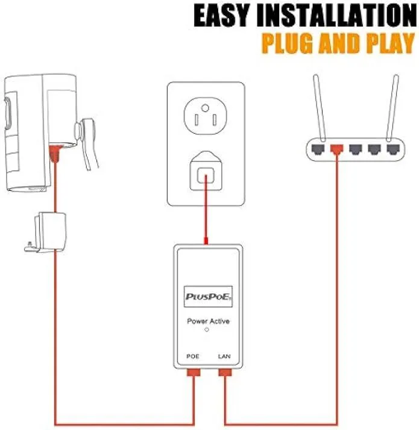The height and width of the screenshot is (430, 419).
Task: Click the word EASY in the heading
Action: click(221, 16)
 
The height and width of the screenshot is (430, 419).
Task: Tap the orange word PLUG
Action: click(287, 43)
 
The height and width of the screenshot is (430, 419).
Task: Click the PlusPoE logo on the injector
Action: click(208, 296)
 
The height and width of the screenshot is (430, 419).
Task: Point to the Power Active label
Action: click(208, 321)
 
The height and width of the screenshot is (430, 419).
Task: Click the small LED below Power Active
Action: click(207, 329)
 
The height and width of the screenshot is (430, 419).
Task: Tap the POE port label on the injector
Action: click(193, 357)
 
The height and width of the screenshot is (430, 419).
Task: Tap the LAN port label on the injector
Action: click(224, 357)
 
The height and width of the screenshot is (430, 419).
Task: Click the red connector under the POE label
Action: click(194, 373)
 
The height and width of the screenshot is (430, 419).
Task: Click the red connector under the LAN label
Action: click(225, 373)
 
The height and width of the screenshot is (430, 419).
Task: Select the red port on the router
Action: click(336, 149)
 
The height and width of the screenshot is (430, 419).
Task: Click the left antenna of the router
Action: click(320, 107)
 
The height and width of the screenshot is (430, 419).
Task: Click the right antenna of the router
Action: click(392, 107)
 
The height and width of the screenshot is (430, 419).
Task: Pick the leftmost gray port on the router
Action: click(318, 149)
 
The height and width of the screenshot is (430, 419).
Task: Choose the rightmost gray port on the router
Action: click(394, 149)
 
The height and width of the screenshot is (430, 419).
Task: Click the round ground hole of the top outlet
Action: click(205, 108)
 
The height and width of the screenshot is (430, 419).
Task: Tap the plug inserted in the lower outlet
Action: click(206, 170)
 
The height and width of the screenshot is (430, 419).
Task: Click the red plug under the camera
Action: click(55, 154)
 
